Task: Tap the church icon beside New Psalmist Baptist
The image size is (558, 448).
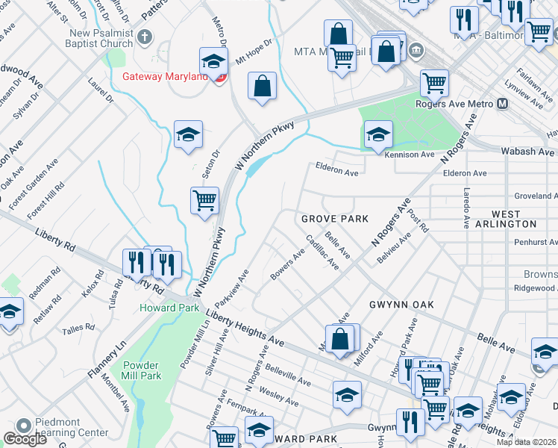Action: tap(145, 36)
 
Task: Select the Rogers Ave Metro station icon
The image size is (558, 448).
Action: tap(501, 104)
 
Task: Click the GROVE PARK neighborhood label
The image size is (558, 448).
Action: tap(335, 219)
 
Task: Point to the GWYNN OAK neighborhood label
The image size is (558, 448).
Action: tap(401, 305)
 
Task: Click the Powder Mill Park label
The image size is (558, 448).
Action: tap(141, 370)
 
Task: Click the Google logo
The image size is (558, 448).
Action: tap(25, 439)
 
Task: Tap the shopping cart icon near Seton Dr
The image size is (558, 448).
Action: tap(204, 201)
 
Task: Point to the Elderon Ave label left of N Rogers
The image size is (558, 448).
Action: tap(337, 171)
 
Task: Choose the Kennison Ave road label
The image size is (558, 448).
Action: tap(409, 155)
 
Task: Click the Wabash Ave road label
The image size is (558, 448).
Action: tap(527, 152)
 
